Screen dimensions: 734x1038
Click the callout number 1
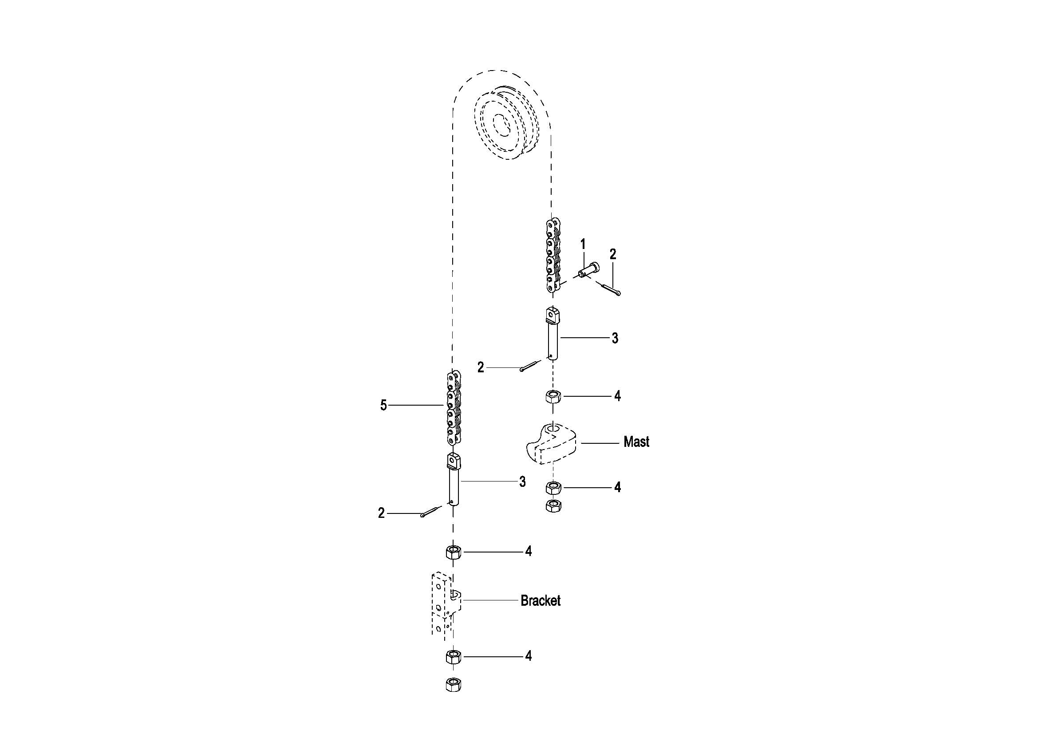[583, 245]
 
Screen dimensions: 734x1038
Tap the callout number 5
[383, 406]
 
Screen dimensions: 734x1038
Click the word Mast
[636, 442]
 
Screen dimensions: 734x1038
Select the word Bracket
[540, 601]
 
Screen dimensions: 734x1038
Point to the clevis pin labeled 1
[588, 270]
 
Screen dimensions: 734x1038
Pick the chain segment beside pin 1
[553, 255]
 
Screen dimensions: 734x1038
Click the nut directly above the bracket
[454, 552]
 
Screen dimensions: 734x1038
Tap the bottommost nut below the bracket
[453, 685]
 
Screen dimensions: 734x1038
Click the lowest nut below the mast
[553, 506]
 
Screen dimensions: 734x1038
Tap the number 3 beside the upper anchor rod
[615, 338]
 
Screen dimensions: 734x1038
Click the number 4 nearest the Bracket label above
[528, 551]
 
